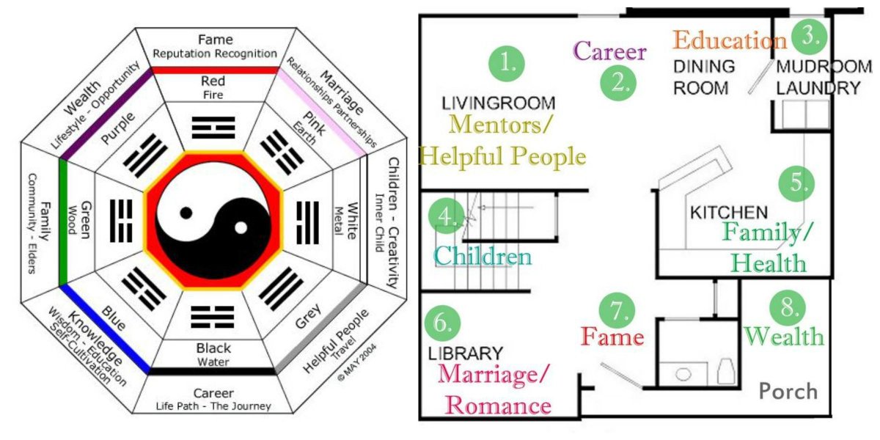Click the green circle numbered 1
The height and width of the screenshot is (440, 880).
coord(506,63)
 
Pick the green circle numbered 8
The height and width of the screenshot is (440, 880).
coord(788,307)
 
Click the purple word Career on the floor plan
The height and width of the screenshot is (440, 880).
coord(609,51)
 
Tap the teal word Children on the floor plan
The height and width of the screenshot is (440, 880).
coord(483,256)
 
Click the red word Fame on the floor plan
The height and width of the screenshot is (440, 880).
coord(612,337)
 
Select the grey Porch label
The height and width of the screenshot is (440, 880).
coord(788,391)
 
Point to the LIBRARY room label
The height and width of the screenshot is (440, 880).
coord(465,353)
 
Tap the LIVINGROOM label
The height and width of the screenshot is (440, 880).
coord(498,103)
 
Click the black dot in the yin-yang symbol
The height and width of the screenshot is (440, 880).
coord(187,213)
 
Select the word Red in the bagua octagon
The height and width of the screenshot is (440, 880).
coord(213,81)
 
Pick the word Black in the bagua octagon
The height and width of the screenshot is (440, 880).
coord(213,348)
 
